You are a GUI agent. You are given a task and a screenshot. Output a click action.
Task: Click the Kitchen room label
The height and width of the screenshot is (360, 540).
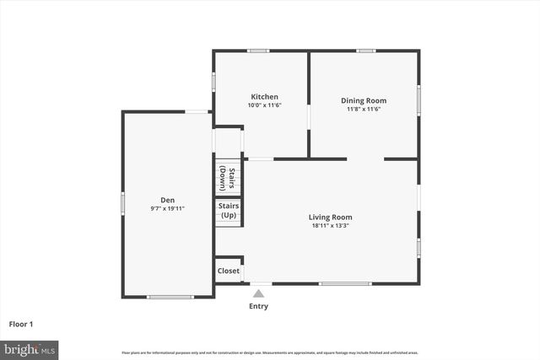coord(264,97)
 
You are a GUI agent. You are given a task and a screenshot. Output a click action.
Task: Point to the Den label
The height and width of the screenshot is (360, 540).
coord(168,200)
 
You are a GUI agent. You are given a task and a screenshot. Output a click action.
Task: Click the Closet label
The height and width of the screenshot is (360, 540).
coord(228,271)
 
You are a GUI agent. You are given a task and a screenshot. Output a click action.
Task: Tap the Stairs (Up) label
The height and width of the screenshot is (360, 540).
coord(229,211)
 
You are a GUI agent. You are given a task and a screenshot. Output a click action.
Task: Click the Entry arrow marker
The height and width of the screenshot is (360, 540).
coord(259,293)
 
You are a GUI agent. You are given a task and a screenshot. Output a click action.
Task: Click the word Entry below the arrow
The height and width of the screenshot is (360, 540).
coord(259,306)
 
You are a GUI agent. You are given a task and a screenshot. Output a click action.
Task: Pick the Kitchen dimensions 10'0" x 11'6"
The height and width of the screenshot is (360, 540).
coord(264,106)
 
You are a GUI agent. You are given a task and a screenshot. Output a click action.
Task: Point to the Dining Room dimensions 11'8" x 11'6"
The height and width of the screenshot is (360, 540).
coord(364,109)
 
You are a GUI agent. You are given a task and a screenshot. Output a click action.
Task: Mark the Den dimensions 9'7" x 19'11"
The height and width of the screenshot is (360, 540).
coord(168,208)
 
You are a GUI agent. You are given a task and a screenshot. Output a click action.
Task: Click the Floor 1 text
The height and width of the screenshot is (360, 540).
coord(22,324)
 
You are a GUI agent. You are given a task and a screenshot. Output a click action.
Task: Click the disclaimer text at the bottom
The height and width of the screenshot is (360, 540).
coord(270,352)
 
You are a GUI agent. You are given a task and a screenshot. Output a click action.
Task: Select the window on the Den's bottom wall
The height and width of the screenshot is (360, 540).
coord(170,297)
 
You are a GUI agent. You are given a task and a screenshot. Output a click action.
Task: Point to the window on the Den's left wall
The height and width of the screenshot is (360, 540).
coord(123,203)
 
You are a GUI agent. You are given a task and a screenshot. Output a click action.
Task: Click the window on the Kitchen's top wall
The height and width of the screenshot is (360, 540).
coord(258,51)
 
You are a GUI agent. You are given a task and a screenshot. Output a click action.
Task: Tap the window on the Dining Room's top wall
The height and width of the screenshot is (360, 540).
coord(365,51)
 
